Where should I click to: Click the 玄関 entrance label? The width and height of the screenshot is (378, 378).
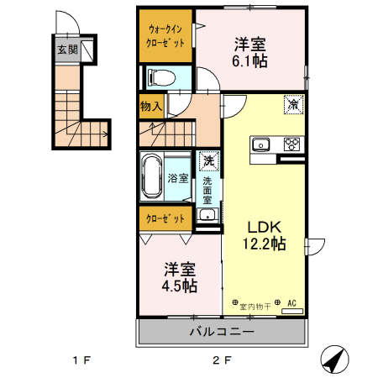68,49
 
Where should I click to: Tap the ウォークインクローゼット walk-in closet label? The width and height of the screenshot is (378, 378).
166,35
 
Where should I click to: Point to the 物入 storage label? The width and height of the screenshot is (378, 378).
152,107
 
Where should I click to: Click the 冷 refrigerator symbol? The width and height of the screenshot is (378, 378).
293,104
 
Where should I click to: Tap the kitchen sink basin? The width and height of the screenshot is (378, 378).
261,144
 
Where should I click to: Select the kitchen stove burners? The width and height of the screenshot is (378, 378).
292,143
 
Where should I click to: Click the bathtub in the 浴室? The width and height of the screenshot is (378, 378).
152,177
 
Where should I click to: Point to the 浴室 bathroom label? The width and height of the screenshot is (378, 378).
177,178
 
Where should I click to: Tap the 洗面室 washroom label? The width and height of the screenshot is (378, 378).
207,192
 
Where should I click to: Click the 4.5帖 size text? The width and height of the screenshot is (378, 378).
180,286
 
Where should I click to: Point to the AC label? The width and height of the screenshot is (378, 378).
292,303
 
